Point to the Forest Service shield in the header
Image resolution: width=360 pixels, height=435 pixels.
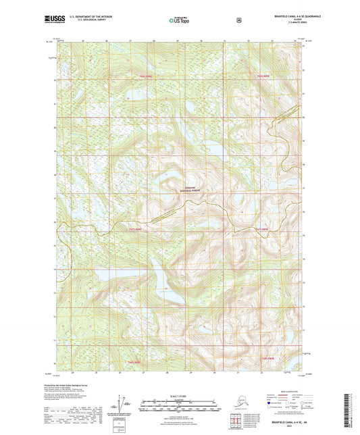[238, 20]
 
